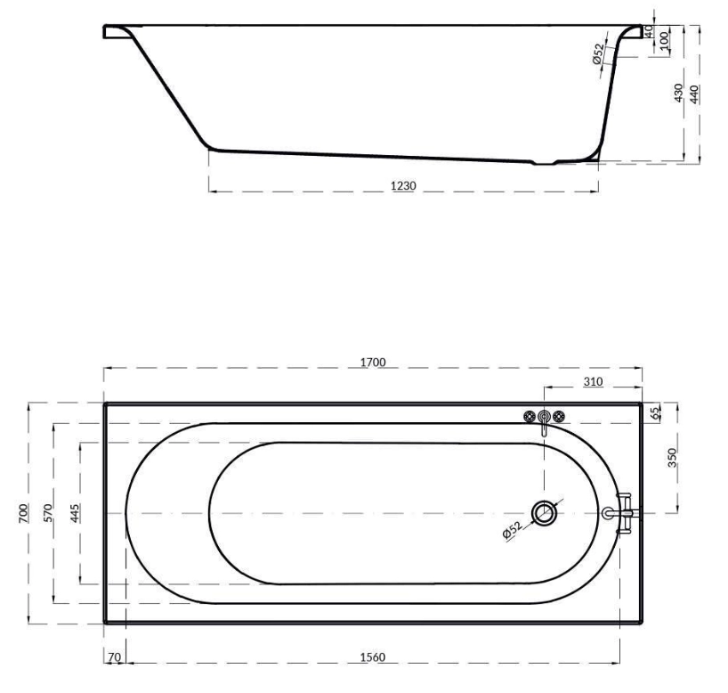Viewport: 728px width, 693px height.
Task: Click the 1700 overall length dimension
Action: tap(373, 362)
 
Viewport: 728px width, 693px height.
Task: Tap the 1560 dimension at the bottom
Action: tap(372, 656)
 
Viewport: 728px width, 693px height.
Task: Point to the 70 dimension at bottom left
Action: tap(114, 656)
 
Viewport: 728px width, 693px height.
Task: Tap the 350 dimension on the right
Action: tap(673, 457)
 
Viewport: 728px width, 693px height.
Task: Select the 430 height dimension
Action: tap(679, 92)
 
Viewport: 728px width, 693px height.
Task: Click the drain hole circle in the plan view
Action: tap(544, 512)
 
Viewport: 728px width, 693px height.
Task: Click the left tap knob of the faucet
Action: tap(529, 416)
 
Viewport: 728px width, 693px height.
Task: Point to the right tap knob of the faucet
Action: tap(560, 416)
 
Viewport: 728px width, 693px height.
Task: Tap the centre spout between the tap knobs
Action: tap(544, 418)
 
